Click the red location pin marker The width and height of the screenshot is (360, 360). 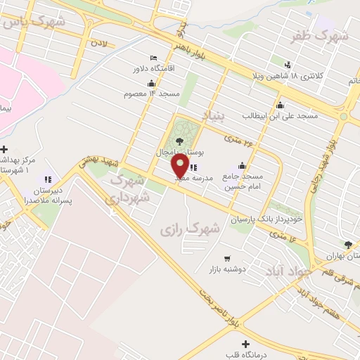tap(180, 166)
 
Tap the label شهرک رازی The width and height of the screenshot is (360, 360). tap(190, 229)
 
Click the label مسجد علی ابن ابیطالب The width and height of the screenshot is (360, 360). tap(281, 114)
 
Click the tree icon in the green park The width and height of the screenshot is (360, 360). tap(181, 141)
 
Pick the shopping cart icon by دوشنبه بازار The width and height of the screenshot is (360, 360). tap(226, 258)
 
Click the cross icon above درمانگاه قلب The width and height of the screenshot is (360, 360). tap(245, 344)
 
